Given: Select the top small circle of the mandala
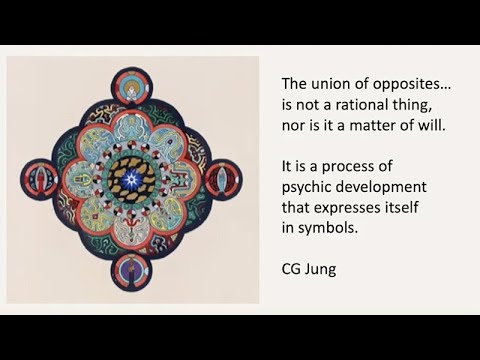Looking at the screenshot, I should pyautogui.click(x=131, y=84).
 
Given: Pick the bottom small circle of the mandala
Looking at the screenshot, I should pyautogui.click(x=131, y=271).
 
